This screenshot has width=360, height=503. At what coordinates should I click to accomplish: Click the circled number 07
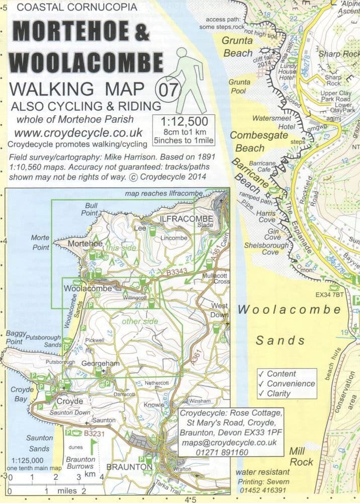[x=168, y=91]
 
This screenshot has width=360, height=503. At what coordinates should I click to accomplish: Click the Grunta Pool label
[x=239, y=86]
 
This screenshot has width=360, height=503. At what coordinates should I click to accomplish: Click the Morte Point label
[x=40, y=242]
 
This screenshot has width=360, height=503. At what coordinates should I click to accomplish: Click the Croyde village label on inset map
[x=69, y=401]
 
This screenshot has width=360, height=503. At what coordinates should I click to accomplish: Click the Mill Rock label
[x=301, y=456]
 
